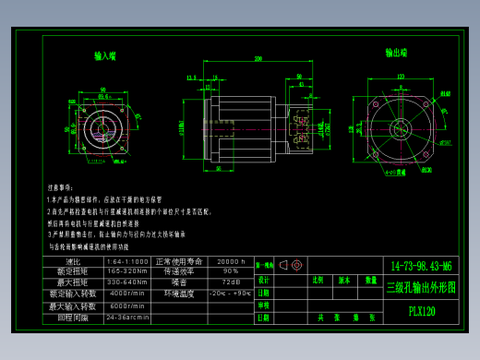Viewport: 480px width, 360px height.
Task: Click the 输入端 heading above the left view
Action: click(105, 55)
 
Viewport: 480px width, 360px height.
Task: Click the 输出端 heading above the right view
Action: click(397, 54)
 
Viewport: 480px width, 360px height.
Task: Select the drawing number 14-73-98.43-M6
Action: click(421, 265)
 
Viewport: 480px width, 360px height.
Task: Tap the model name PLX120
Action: click(422, 312)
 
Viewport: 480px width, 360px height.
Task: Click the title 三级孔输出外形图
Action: click(421, 287)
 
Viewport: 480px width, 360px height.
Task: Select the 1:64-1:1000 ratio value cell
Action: click(127, 262)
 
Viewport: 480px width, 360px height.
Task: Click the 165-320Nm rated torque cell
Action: click(127, 271)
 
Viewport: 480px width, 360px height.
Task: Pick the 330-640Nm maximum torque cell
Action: click(127, 282)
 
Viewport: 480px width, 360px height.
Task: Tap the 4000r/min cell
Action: click(127, 294)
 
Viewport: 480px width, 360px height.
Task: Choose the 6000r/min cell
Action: click(127, 306)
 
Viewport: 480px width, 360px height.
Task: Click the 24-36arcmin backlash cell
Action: click(127, 317)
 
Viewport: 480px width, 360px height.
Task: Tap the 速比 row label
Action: click(74, 262)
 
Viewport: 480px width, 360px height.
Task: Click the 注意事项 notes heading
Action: click(59, 186)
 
